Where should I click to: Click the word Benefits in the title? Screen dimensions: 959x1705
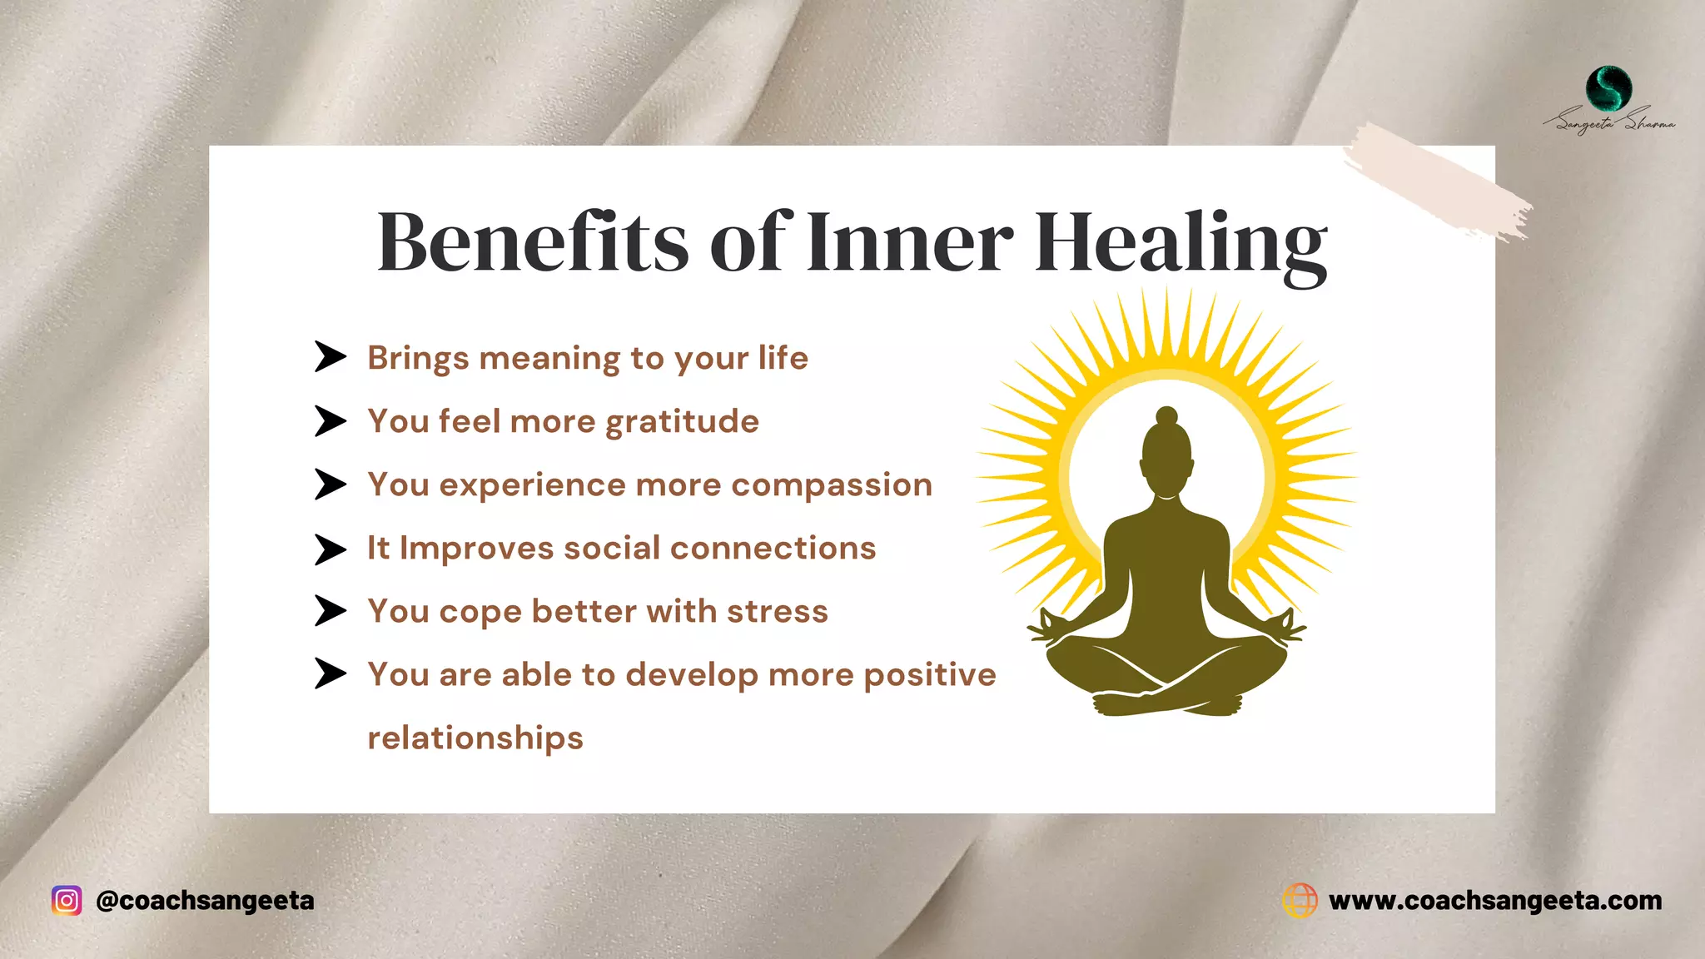[x=533, y=242]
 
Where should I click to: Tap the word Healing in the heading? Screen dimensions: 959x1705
[x=1180, y=242]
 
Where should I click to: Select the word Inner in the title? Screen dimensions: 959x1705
[x=910, y=242]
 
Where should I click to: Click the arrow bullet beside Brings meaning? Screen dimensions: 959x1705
[x=330, y=356]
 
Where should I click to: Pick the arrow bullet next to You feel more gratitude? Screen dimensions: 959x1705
[x=330, y=421]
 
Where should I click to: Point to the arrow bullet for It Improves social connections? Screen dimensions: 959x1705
[x=330, y=549]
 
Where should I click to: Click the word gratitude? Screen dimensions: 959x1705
[x=682, y=422]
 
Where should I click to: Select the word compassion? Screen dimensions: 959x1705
[x=832, y=485]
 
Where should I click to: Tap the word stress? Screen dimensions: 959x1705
[x=777, y=612]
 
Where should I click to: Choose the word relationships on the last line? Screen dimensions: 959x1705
[x=475, y=738]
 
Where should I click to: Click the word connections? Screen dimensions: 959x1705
[x=773, y=549]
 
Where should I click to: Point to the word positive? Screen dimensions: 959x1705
[x=929, y=675]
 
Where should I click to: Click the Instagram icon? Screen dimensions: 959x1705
[x=67, y=901]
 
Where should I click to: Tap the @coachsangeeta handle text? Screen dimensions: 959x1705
[x=205, y=901]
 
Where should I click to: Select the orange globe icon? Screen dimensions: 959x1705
[x=1300, y=901]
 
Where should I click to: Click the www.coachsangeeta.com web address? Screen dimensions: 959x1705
[x=1495, y=901]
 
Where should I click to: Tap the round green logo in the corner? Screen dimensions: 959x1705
[x=1608, y=88]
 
